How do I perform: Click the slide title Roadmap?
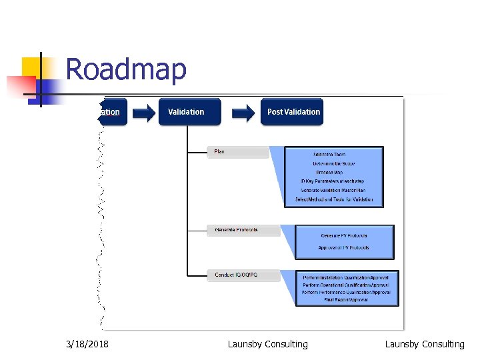[x=126, y=70]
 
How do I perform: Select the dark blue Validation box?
[x=189, y=112]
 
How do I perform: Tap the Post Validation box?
[x=293, y=112]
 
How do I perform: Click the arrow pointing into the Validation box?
[x=142, y=113]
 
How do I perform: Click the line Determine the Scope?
[x=333, y=163]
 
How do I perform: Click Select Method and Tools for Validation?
[x=334, y=199]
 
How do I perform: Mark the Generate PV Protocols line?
[x=344, y=236]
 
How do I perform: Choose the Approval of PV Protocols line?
[x=344, y=248]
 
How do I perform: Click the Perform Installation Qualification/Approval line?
[x=346, y=277]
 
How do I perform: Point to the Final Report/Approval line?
[x=346, y=300]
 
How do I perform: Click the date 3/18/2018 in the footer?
[x=88, y=345]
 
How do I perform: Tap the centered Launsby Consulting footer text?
[x=267, y=345]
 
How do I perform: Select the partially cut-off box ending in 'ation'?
[x=113, y=112]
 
